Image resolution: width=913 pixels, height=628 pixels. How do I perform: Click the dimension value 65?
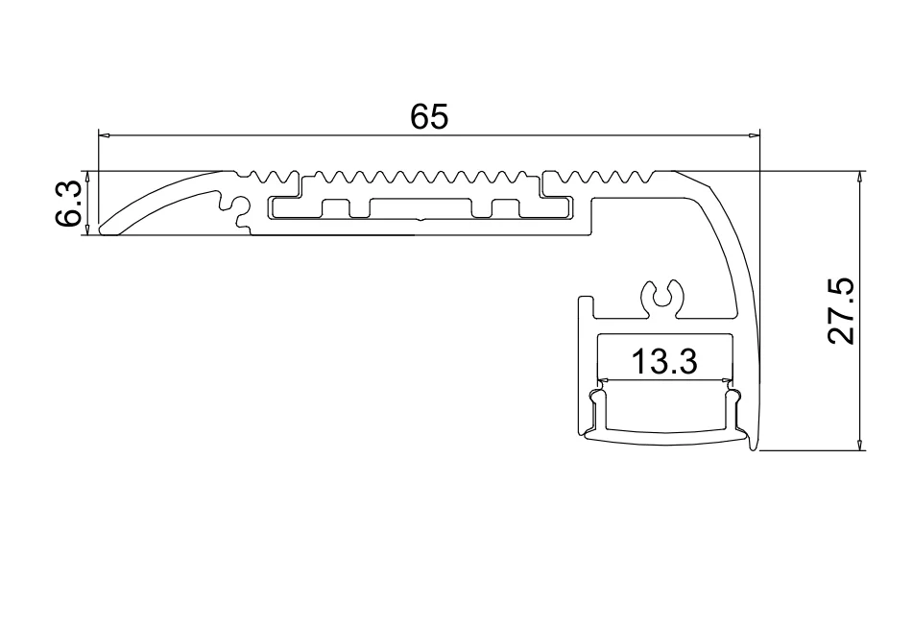[429, 116]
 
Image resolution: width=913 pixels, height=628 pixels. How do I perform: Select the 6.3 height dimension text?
[67, 204]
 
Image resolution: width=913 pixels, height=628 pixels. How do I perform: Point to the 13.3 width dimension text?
[663, 362]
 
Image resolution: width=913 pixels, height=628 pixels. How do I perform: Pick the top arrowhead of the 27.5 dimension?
[859, 177]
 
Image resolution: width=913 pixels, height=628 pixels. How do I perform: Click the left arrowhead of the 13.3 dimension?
[602, 380]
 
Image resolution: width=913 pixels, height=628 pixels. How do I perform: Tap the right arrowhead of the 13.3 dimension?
[726, 380]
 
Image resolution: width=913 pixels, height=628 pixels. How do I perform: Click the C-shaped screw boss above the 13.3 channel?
[662, 297]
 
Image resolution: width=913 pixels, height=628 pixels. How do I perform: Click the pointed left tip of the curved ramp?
[101, 230]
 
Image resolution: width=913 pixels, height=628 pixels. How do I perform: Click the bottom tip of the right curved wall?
[758, 447]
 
